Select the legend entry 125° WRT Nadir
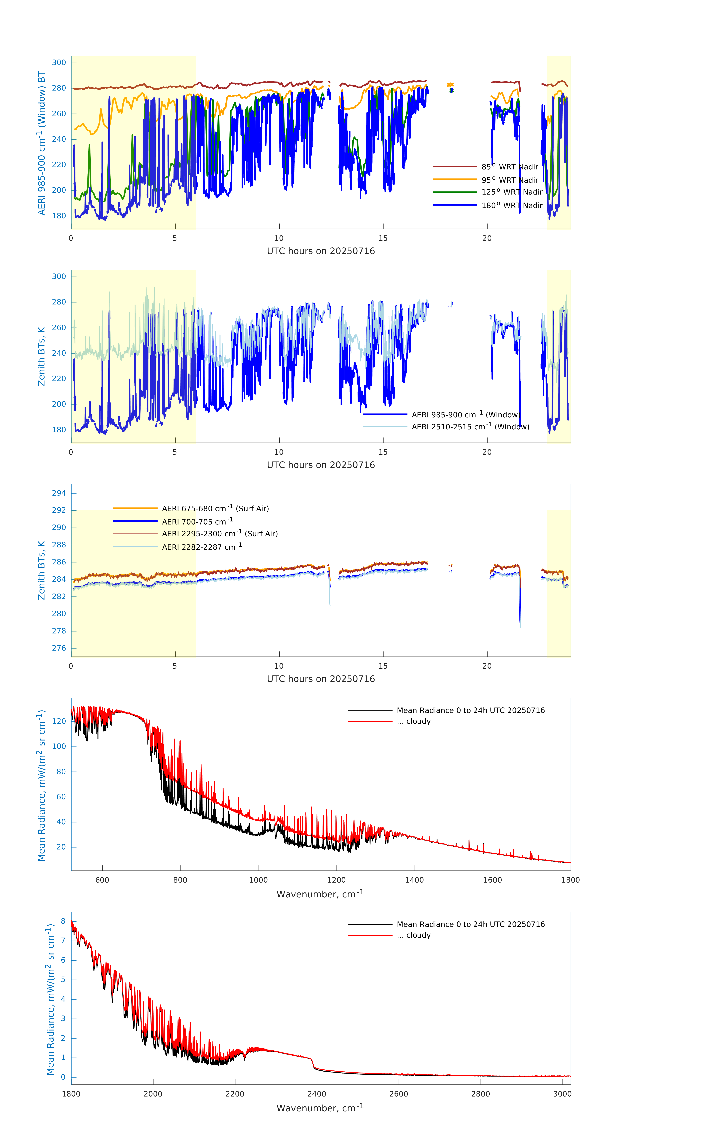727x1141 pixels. coord(511,192)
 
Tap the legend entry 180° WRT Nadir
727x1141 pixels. coord(511,205)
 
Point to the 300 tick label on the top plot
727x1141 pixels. coord(59,63)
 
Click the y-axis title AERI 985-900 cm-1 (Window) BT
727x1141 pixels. coord(42,143)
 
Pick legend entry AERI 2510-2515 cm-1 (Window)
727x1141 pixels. coord(470,427)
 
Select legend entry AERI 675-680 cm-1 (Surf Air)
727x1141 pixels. coord(215,509)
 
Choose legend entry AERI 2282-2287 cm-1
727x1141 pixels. coord(202,547)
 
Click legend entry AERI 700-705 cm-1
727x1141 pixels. coord(197,522)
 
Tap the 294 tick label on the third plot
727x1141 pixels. coord(59,493)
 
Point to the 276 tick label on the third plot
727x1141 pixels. coord(59,648)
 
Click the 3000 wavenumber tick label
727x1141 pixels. coord(562,1094)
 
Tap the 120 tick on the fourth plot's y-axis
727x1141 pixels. coord(59,721)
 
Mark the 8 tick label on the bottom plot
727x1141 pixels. coord(63,921)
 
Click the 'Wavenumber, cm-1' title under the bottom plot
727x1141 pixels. coord(320,1108)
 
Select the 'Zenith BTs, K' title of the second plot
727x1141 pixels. coord(42,356)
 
